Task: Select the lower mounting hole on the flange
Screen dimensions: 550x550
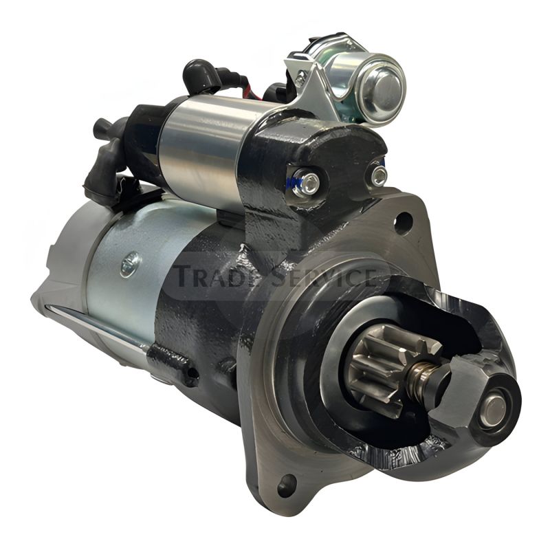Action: [x=287, y=485]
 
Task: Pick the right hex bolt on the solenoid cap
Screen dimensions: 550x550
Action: [x=379, y=176]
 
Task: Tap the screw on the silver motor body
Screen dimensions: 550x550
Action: [x=131, y=265]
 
